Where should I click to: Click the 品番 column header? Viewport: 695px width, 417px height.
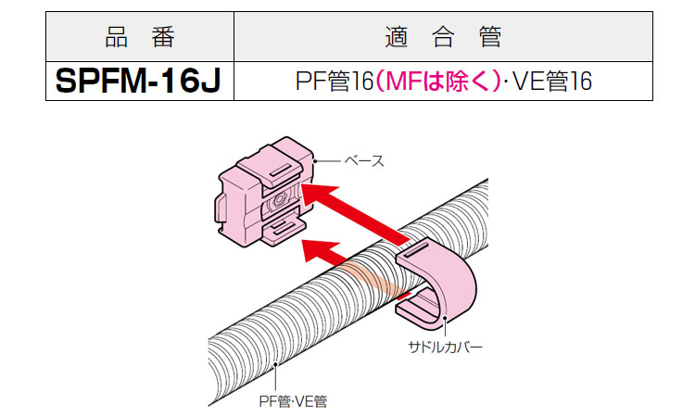coord(139,38)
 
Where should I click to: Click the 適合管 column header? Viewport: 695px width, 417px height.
coord(441,38)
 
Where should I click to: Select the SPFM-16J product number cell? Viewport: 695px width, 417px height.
coord(139,82)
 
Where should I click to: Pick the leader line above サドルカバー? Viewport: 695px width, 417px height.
coord(445,327)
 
